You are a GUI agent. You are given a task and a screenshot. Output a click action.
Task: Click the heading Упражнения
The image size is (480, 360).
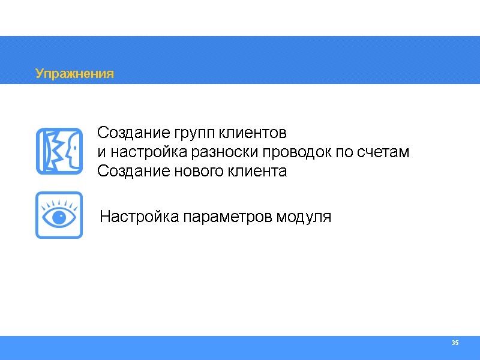[74, 74]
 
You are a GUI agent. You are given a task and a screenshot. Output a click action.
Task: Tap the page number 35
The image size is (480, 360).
[455, 343]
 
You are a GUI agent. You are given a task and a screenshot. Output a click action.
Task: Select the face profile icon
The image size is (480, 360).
[59, 151]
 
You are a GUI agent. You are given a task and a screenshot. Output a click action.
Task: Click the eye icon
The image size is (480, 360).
[59, 215]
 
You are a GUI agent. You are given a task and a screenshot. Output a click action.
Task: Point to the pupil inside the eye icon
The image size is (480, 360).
[59, 217]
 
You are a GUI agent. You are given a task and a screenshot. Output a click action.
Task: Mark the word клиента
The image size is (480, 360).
[257, 172]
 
